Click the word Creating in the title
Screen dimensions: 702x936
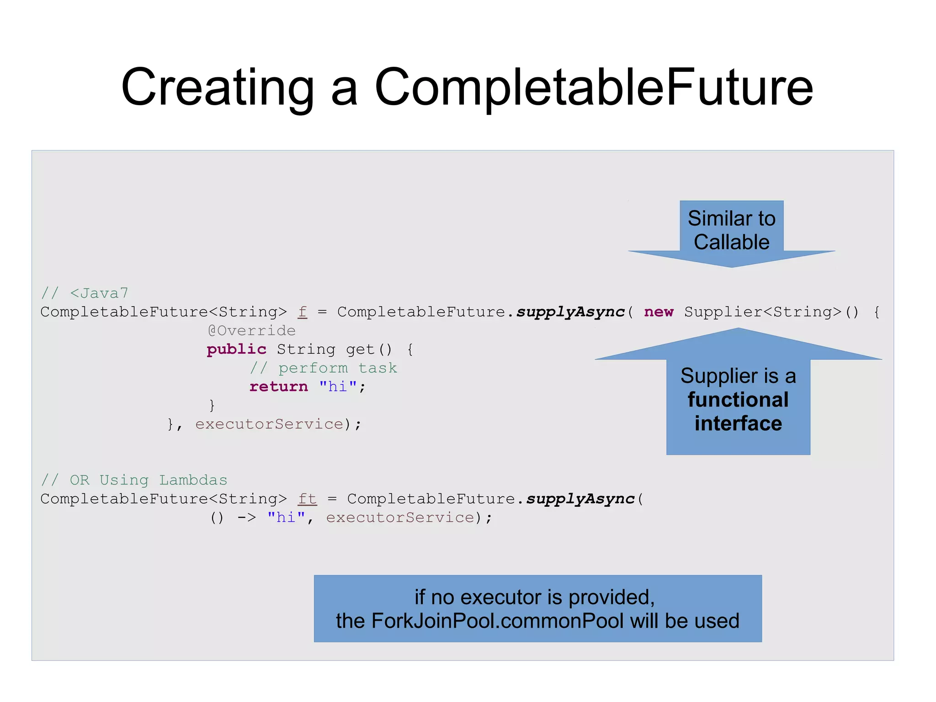[218, 88]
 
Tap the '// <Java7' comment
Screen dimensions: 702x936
[85, 293]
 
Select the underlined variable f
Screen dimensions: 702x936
[303, 312]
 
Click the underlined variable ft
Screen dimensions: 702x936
[307, 499]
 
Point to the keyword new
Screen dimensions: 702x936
[659, 312]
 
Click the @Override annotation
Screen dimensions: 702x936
[251, 331]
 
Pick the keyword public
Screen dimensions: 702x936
[236, 349]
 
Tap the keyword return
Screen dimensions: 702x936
[279, 387]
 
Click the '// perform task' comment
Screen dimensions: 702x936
[324, 368]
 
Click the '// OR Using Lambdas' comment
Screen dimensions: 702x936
[134, 480]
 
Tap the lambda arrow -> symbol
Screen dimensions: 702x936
[246, 518]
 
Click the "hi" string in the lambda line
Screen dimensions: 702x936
[286, 518]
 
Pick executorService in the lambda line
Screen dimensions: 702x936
[400, 518]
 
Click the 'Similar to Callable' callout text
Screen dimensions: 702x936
[731, 230]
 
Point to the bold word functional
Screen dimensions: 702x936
[738, 400]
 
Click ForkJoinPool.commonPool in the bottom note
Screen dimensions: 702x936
[497, 621]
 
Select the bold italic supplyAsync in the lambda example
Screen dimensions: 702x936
[580, 499]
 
